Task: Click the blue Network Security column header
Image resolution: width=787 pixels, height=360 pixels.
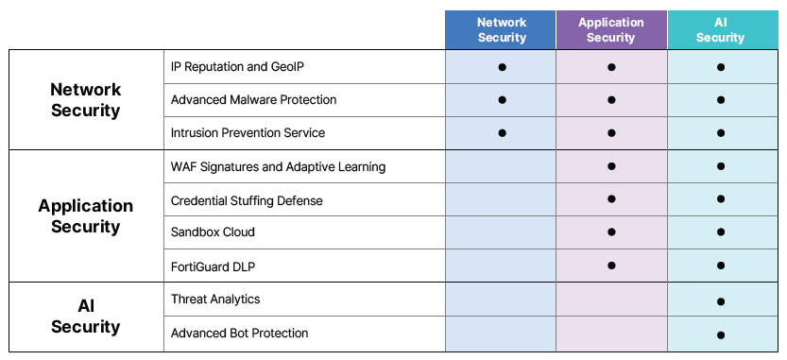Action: [501, 29]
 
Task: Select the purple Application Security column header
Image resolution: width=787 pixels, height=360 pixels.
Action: [611, 29]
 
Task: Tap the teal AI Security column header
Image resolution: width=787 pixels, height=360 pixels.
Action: [721, 29]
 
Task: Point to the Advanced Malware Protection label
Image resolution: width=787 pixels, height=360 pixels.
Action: [253, 99]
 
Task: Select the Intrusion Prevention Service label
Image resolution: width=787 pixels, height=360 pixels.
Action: [248, 132]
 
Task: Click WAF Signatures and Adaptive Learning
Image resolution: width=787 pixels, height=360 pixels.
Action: [278, 167]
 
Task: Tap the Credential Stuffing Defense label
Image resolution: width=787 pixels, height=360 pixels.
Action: [247, 200]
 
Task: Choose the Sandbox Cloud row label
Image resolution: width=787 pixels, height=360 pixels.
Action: [213, 232]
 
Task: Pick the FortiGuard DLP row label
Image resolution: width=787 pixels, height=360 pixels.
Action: [213, 266]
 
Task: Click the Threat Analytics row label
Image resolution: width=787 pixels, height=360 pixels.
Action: [215, 300]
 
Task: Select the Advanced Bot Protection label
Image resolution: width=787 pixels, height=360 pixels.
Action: [239, 334]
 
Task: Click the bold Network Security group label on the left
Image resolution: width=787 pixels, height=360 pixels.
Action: [86, 99]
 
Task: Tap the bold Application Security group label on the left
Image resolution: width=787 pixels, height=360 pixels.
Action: [86, 215]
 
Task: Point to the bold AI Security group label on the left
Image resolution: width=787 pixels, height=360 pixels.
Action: [86, 317]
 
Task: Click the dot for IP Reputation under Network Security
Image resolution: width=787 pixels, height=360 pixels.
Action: [502, 67]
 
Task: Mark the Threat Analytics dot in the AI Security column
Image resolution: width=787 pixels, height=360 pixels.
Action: [721, 301]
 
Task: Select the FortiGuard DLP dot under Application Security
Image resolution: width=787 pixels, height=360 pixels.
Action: [611, 266]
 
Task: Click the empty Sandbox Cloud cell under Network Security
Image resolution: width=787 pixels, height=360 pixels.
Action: [501, 232]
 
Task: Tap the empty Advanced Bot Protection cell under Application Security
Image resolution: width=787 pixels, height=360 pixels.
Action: [611, 334]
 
